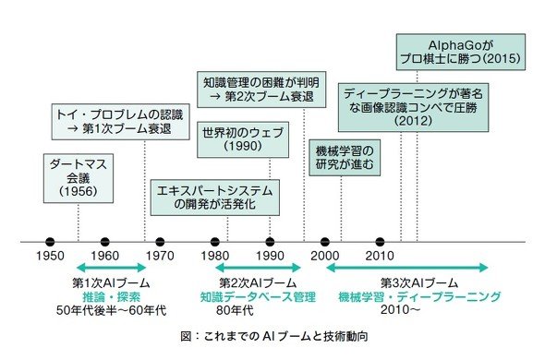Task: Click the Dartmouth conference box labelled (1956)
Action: (79, 178)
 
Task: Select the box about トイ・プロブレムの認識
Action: (121, 122)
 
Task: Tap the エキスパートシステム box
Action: (215, 198)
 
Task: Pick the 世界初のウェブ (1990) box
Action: (243, 139)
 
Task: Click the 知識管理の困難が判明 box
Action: (261, 90)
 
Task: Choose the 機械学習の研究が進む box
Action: (345, 158)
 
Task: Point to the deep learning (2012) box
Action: (413, 107)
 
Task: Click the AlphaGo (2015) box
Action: (461, 52)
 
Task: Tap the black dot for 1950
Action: (50, 242)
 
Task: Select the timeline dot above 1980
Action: (215, 242)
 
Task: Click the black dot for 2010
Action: (380, 242)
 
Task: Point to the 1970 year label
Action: (160, 256)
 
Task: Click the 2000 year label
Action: (324, 256)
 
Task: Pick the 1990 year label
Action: (270, 256)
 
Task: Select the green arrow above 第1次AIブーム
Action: (111, 268)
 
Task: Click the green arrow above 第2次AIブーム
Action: (258, 268)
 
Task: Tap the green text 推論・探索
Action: (111, 297)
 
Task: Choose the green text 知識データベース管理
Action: (258, 297)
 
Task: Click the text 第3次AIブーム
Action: (419, 283)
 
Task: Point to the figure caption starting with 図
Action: (274, 336)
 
